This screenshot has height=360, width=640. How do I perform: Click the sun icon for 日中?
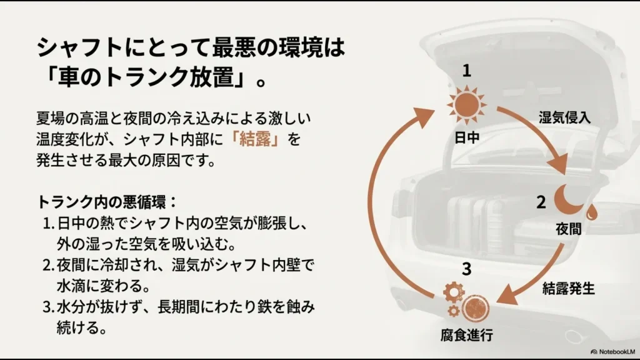point(466,104)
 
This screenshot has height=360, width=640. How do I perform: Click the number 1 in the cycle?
point(466,71)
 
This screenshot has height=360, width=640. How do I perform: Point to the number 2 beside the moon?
point(541,201)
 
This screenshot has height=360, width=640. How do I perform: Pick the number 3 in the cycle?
point(466,269)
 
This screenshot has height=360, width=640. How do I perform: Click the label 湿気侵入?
point(564,117)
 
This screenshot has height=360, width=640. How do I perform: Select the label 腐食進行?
point(467,336)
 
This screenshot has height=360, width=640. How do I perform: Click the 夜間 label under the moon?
point(568,229)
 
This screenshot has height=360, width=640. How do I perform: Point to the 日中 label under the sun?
point(467,137)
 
